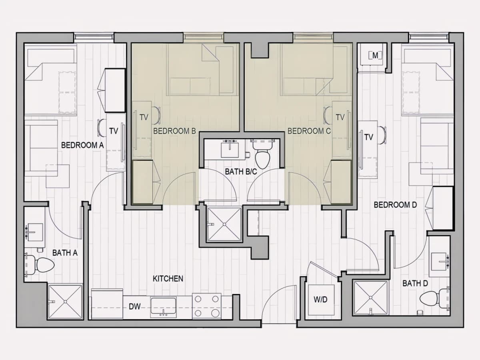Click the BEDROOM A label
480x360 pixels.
(82, 145)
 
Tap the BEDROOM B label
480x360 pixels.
(174, 131)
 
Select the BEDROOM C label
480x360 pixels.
(309, 131)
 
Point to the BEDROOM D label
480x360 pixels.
(395, 205)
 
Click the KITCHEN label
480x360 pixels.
(168, 279)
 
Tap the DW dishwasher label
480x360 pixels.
(134, 307)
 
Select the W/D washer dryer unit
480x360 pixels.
(321, 300)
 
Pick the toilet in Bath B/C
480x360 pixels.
(262, 154)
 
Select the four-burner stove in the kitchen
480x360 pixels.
(207, 306)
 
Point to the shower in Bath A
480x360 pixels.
(65, 302)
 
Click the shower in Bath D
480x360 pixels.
(371, 298)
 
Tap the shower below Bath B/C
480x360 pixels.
(224, 224)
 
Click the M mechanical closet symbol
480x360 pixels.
(375, 56)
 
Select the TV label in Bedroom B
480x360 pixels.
(144, 117)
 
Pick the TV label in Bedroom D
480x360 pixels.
(368, 137)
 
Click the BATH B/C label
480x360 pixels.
(241, 172)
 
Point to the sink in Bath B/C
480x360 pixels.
(230, 150)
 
